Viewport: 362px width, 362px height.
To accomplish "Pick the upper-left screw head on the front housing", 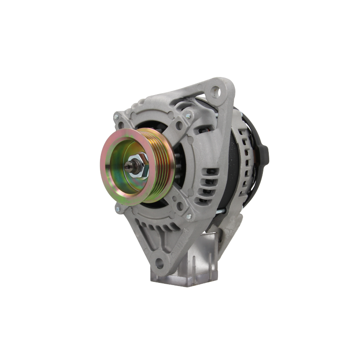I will point(115,116).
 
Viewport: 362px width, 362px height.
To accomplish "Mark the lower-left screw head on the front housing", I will point(118,208).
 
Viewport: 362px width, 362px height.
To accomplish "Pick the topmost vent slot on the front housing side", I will point(209,171).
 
